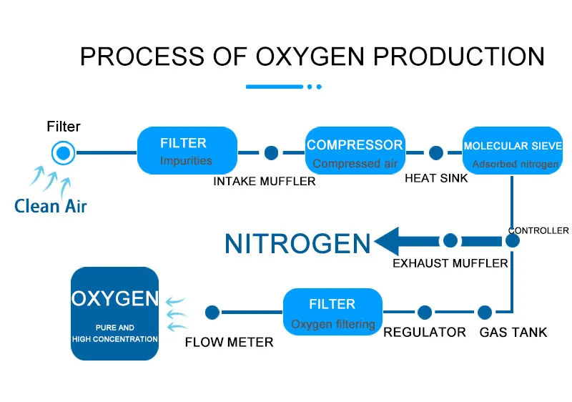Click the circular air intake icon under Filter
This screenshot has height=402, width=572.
[x=63, y=152]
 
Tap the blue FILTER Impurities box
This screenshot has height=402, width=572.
[x=187, y=150]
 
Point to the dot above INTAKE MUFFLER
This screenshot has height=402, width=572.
[x=271, y=152]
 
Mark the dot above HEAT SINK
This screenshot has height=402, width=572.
[x=436, y=152]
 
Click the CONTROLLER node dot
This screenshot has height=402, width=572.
[x=512, y=241]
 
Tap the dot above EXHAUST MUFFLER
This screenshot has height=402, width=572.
[x=450, y=241]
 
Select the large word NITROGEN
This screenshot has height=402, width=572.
[x=297, y=244]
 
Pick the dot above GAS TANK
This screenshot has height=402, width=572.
[x=485, y=312]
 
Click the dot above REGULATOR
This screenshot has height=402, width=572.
[x=425, y=312]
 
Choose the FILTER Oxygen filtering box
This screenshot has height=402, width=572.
[x=332, y=312]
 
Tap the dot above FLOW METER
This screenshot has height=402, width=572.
[x=212, y=312]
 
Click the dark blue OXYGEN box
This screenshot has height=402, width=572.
[x=114, y=313]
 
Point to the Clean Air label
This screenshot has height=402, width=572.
[x=50, y=206]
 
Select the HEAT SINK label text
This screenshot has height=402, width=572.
[x=436, y=178]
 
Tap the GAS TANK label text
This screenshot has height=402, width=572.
[x=513, y=333]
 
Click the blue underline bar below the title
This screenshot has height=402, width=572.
[x=275, y=87]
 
